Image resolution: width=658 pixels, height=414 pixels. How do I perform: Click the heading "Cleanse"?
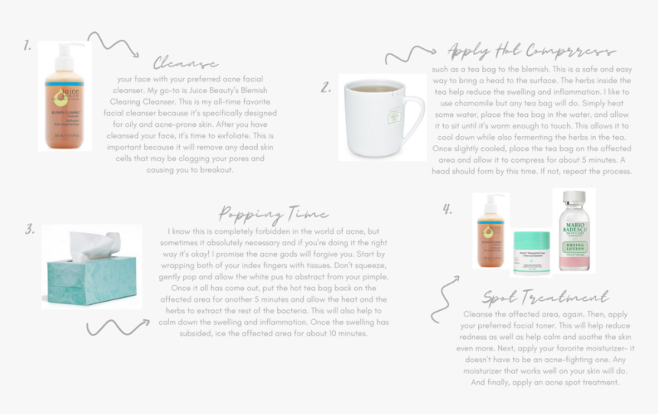[186, 63]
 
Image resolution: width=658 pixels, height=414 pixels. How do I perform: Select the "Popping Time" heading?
[273, 213]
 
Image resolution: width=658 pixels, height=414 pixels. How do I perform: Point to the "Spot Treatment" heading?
[545, 297]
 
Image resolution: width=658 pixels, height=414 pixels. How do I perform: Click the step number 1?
[28, 46]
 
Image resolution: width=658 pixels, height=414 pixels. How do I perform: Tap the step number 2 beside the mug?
[326, 88]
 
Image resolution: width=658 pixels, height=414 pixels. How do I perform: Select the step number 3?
[30, 228]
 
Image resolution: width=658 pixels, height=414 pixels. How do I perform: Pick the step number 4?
[448, 209]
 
